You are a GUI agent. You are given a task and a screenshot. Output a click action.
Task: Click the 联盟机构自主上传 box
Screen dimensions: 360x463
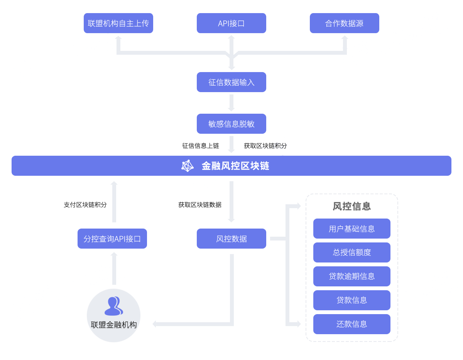pyautogui.click(x=118, y=23)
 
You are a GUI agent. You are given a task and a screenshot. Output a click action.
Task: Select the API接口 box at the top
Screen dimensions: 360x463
pyautogui.click(x=231, y=23)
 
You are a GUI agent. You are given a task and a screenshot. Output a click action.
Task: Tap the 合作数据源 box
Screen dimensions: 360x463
pyautogui.click(x=345, y=23)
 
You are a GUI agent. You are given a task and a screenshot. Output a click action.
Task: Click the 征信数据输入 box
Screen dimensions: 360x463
pyautogui.click(x=231, y=82)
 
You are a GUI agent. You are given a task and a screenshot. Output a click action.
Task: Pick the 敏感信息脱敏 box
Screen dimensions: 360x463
pyautogui.click(x=231, y=124)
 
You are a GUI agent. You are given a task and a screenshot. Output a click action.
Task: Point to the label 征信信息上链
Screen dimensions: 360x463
pyautogui.click(x=201, y=146)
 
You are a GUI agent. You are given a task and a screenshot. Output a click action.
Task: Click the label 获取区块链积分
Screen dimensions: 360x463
pyautogui.click(x=265, y=146)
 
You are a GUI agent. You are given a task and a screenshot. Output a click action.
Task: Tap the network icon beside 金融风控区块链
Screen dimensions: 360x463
pyautogui.click(x=188, y=166)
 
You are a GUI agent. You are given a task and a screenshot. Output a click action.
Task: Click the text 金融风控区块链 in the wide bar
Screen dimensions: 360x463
pyautogui.click(x=235, y=166)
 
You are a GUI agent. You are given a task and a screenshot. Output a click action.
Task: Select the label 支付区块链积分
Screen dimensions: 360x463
pyautogui.click(x=85, y=205)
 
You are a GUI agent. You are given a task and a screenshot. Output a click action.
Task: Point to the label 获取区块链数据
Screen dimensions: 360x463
pyautogui.click(x=200, y=205)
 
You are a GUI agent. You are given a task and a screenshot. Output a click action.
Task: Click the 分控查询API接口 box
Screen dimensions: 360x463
pyautogui.click(x=112, y=239)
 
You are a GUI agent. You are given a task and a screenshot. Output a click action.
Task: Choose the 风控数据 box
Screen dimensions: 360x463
pyautogui.click(x=231, y=239)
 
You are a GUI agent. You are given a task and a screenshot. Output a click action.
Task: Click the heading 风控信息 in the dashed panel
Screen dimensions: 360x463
pyautogui.click(x=352, y=206)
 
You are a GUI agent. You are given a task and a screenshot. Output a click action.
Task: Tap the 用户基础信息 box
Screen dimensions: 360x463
pyautogui.click(x=352, y=229)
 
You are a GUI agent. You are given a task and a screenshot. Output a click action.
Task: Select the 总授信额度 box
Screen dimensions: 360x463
pyautogui.click(x=352, y=252)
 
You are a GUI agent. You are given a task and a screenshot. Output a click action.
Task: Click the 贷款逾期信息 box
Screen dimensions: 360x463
pyautogui.click(x=352, y=276)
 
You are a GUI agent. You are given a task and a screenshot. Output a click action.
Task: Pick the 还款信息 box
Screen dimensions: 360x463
pyautogui.click(x=352, y=324)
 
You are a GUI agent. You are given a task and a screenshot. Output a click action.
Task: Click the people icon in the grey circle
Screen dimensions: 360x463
pyautogui.click(x=114, y=306)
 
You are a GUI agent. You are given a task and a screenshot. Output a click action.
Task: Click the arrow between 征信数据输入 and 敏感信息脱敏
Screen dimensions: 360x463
pyautogui.click(x=231, y=103)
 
